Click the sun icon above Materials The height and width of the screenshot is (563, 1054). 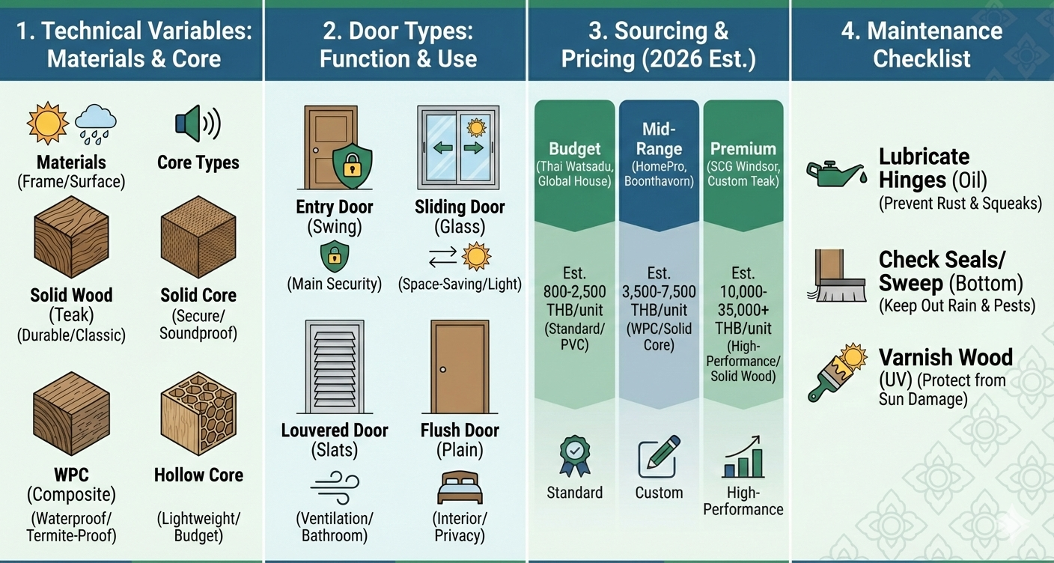(x=47, y=123)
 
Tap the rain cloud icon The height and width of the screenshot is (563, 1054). (x=96, y=122)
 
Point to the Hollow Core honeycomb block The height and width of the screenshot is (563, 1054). (x=198, y=415)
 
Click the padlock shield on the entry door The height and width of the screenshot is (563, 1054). (x=351, y=167)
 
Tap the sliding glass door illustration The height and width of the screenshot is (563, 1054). (x=460, y=147)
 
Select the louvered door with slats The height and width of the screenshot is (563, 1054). (x=335, y=367)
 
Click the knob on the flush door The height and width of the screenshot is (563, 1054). (x=443, y=370)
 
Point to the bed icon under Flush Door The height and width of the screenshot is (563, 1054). (x=459, y=487)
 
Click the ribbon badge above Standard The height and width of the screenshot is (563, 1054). (x=574, y=454)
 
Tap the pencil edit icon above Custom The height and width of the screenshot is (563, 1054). (x=659, y=457)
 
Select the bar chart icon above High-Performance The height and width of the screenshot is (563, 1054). (x=743, y=457)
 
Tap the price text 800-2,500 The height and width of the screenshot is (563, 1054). (x=575, y=291)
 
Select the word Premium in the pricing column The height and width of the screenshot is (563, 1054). (x=743, y=148)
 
